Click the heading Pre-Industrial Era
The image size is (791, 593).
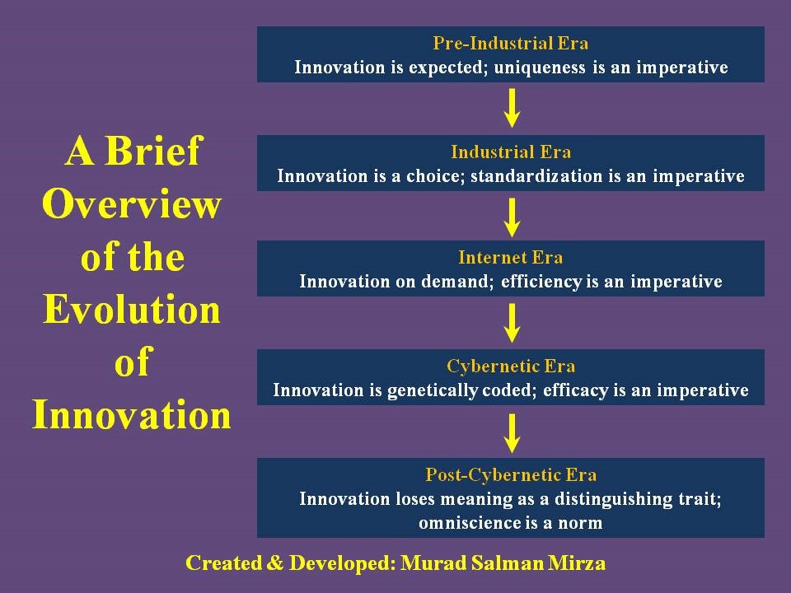tap(511, 44)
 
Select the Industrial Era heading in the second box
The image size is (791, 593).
tap(511, 152)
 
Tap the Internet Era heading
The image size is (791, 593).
tap(511, 258)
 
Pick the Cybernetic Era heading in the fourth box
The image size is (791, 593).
tap(511, 366)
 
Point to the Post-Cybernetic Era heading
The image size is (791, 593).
tap(511, 474)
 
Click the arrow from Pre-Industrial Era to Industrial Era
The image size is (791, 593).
tap(512, 108)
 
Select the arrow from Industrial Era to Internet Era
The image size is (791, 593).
tap(512, 217)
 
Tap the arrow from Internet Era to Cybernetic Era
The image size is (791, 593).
tap(512, 323)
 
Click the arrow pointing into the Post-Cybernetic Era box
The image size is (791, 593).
tap(512, 433)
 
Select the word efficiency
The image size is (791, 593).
tap(542, 282)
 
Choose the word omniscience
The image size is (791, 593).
tap(472, 523)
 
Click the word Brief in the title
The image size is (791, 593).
tap(153, 151)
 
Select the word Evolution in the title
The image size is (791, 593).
tap(132, 309)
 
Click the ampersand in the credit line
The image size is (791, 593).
tap(275, 563)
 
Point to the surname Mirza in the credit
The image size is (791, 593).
tap(578, 563)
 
